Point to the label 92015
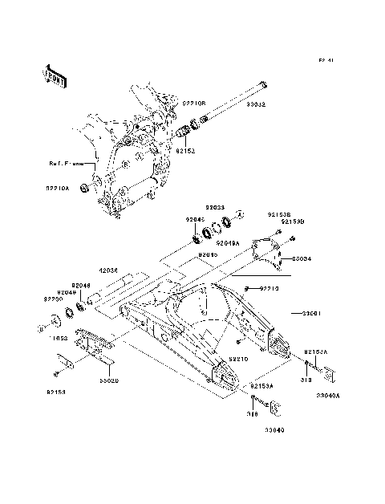click(208, 254)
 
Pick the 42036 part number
click(109, 271)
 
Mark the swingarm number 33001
click(311, 314)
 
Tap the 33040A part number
click(327, 395)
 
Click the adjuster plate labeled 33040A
click(330, 373)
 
